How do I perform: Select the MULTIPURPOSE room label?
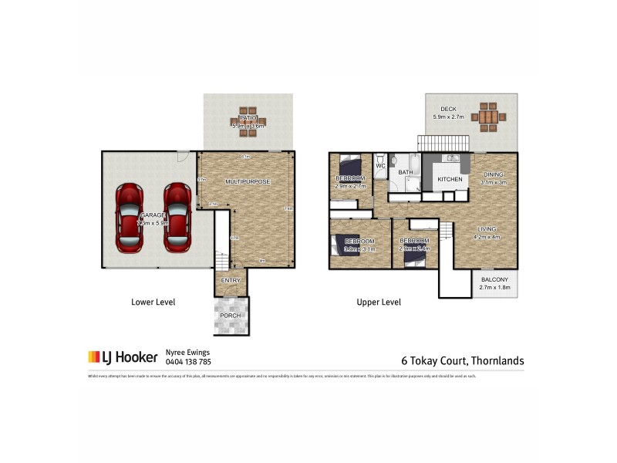[x=248, y=181]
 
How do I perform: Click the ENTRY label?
[x=231, y=280]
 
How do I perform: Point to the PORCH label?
[x=231, y=316]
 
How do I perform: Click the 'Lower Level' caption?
[x=153, y=302]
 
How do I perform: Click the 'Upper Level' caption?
[x=379, y=302]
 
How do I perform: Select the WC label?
[x=380, y=166]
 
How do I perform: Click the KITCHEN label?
[x=450, y=180]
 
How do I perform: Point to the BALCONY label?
[x=494, y=280]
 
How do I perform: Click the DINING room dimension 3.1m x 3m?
[x=493, y=183]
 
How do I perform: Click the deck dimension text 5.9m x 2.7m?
[x=450, y=117]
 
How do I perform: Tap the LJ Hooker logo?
[x=122, y=357]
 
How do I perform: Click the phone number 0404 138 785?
[x=188, y=361]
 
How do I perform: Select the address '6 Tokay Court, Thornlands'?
[x=463, y=360]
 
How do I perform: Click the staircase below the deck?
[x=443, y=143]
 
